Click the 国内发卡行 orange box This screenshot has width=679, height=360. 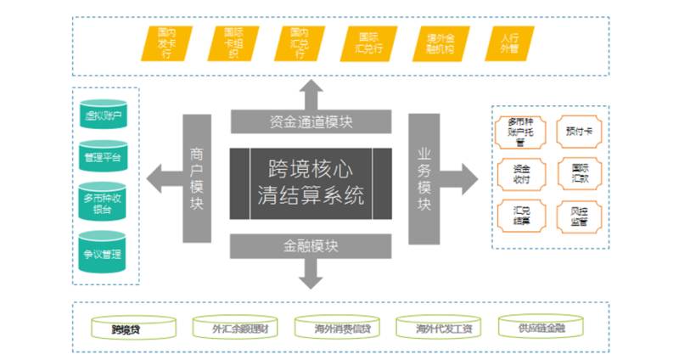pos(166,44)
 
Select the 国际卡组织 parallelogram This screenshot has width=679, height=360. pos(233,44)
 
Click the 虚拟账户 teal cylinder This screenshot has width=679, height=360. pos(104,115)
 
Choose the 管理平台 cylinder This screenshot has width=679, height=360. pos(104,158)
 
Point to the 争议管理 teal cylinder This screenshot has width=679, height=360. pos(104,252)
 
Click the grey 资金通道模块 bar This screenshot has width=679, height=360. pos(311,122)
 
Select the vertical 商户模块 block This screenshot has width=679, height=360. pos(197,178)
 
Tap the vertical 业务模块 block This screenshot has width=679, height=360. pos(424,178)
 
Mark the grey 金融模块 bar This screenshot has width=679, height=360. pos(311,246)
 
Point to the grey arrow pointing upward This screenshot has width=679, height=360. pos(311,93)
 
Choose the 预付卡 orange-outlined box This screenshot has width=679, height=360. pos(580,132)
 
